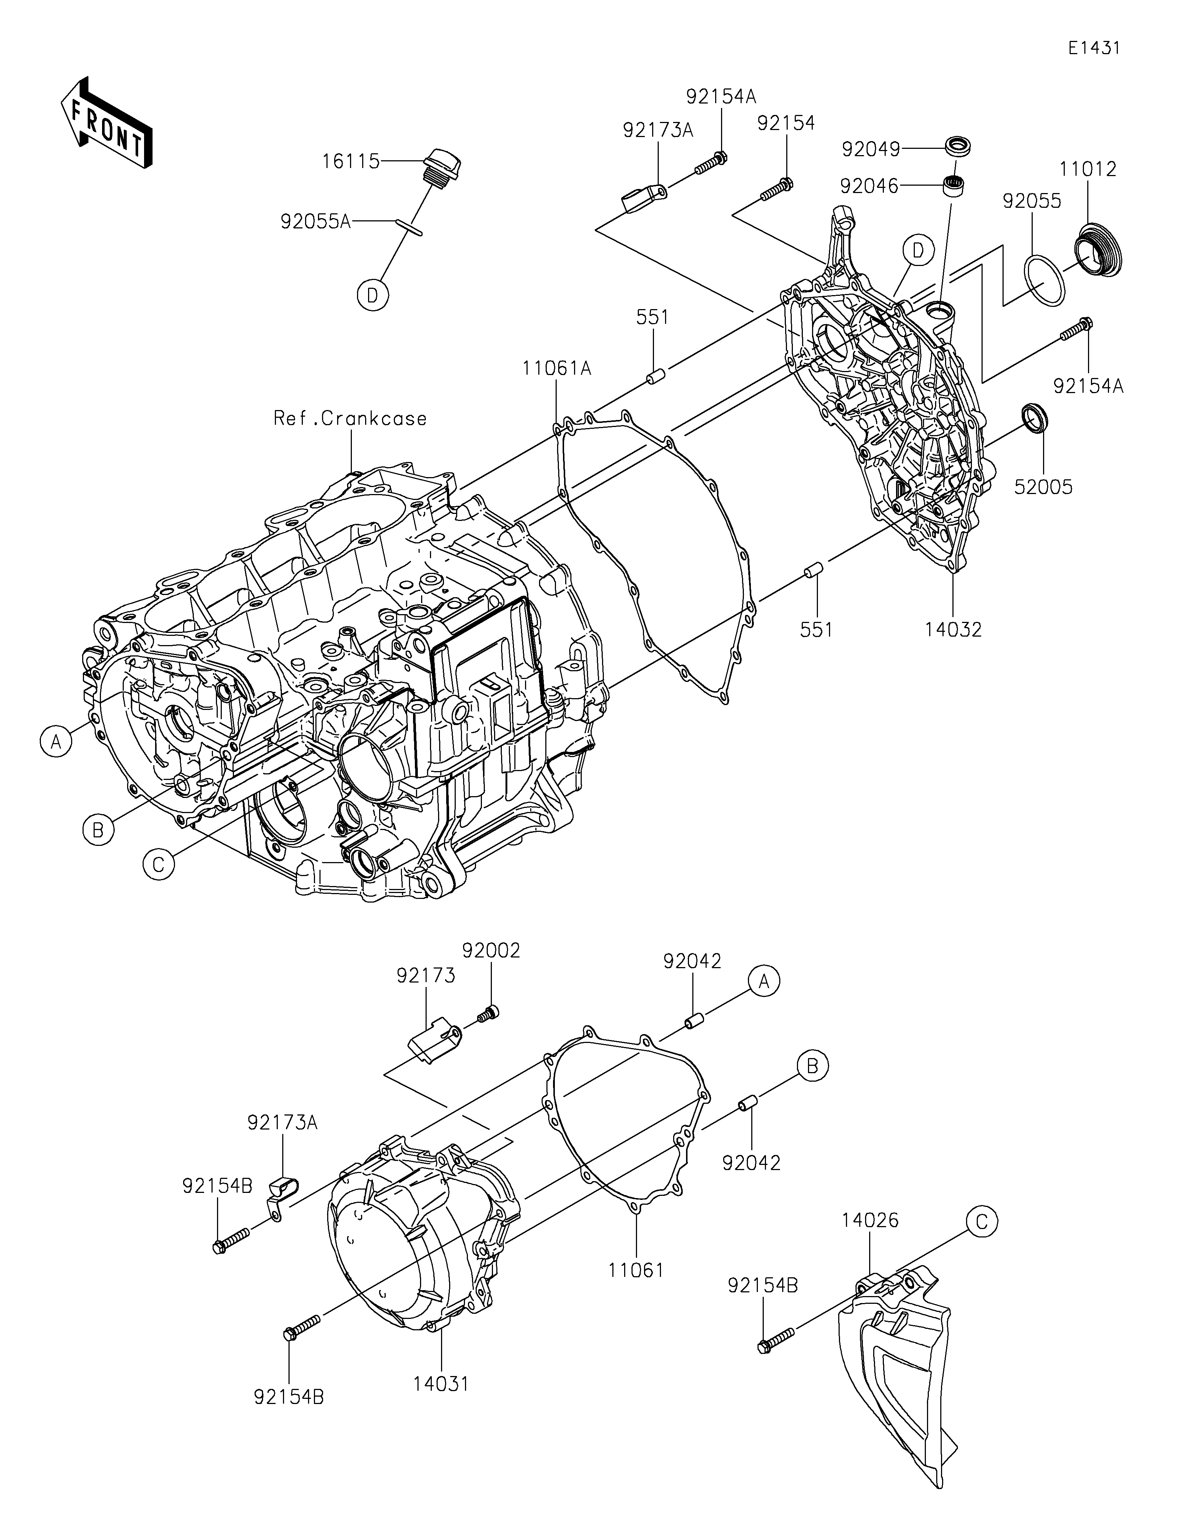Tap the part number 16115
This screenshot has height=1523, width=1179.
pyautogui.click(x=351, y=162)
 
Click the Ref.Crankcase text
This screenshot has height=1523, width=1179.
pyautogui.click(x=350, y=419)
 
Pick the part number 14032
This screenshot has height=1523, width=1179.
pyautogui.click(x=953, y=630)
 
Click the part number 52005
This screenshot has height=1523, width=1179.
pyautogui.click(x=1043, y=487)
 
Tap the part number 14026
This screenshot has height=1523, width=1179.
pyautogui.click(x=870, y=1220)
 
